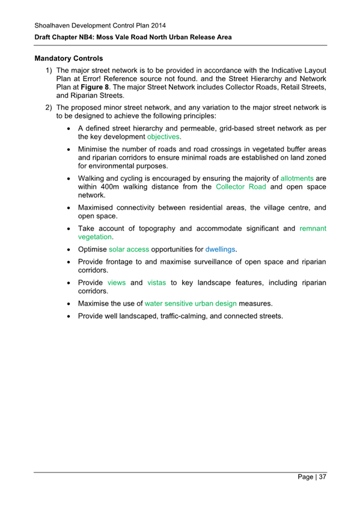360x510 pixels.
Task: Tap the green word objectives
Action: coord(163,137)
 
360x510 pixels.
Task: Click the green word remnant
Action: coord(313,229)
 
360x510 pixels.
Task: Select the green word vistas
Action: coord(156,282)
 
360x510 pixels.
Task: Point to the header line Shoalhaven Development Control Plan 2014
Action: coord(100,25)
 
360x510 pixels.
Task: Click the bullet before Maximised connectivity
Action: coord(71,208)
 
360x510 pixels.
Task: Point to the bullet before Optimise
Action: coord(71,248)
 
